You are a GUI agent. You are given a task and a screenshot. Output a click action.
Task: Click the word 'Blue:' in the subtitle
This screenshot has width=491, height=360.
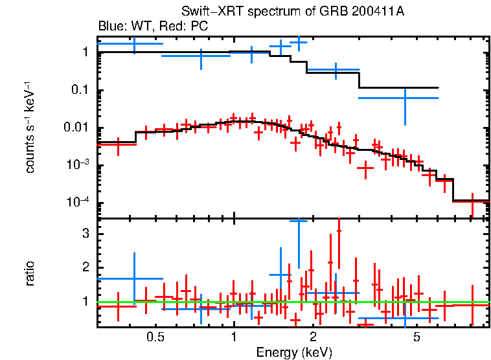coord(113,27)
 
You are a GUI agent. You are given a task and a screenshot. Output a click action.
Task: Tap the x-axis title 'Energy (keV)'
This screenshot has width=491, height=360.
coord(294,352)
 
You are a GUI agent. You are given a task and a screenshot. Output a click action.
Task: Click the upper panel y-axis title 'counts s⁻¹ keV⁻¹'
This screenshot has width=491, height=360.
coord(30,130)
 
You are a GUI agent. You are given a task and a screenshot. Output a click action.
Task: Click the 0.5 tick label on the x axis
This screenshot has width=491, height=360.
coord(154,337)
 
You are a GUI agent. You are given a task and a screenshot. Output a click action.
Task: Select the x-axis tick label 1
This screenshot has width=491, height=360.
coord(234,337)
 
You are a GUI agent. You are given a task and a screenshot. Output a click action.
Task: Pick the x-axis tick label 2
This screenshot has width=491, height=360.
coord(313,337)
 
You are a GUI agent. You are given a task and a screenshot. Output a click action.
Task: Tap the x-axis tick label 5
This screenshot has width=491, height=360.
coord(417,337)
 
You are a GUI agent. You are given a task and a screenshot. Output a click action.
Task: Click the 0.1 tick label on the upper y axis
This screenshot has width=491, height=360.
coord(79,90)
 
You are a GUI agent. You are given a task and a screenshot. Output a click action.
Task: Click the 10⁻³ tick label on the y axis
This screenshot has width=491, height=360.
coord(78,165)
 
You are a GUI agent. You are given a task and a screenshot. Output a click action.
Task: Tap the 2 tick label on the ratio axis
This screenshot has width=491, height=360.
coord(84,267)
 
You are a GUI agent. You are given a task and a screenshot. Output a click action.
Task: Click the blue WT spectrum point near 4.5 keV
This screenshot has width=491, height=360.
coord(405,98)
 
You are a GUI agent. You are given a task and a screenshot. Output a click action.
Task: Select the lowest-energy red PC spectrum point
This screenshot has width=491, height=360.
coord(117,145)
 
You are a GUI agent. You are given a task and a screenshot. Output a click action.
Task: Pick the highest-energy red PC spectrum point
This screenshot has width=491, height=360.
coord(472,201)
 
